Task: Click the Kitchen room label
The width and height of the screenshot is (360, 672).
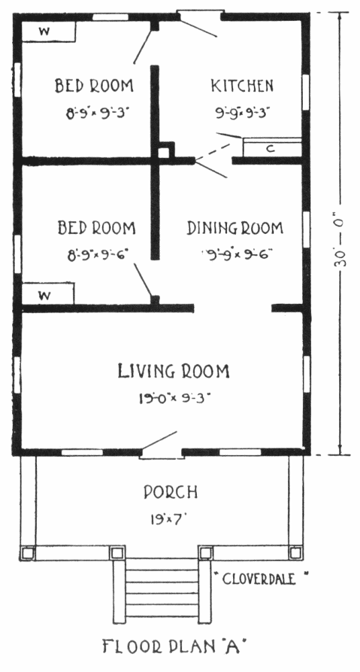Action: coord(242,86)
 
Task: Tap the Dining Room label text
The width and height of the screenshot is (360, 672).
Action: coord(235,228)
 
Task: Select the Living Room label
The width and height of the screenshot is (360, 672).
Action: coord(173,371)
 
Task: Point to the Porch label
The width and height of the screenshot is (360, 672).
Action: coord(171,492)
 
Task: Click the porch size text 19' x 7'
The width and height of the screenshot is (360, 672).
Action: coord(170,519)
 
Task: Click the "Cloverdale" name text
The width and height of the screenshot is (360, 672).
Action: coord(260,579)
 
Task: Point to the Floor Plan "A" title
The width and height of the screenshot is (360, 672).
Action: coord(175,646)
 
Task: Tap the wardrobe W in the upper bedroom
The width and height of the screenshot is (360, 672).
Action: coord(48,31)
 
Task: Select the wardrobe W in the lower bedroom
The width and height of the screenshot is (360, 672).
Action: coord(48,294)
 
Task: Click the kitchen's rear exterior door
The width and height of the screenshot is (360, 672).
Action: coord(200,22)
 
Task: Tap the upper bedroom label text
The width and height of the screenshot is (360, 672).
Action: coord(94,86)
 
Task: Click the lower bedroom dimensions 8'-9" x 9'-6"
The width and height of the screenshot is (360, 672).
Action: coord(99,255)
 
